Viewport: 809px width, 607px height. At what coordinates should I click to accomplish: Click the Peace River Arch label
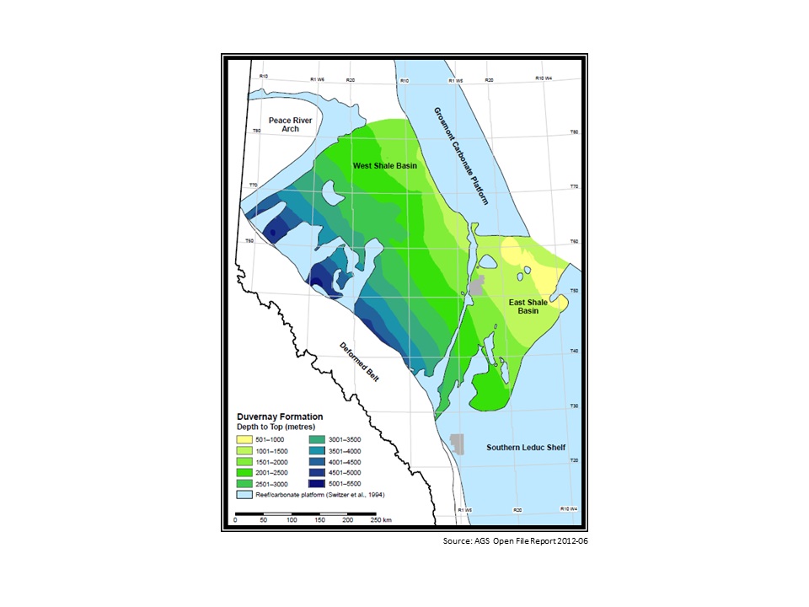pos(291,126)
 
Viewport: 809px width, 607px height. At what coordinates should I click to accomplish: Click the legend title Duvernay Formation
pos(278,416)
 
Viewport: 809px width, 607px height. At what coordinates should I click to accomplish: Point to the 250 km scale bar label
pos(382,521)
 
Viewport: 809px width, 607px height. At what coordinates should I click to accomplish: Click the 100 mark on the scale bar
pos(291,521)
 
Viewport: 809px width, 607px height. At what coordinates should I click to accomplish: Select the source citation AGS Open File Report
pos(514,540)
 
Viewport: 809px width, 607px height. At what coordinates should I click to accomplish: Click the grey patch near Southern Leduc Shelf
pos(458,443)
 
